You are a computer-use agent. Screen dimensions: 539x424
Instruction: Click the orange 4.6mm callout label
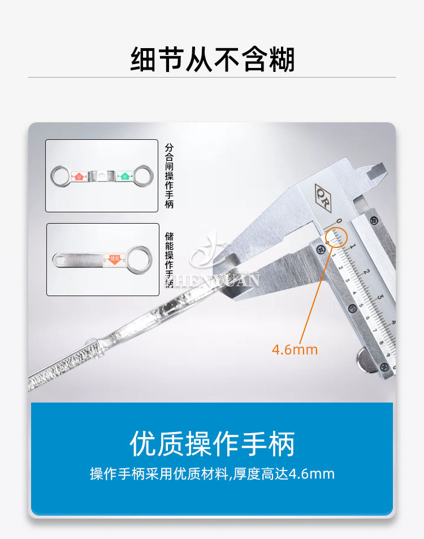click(x=295, y=349)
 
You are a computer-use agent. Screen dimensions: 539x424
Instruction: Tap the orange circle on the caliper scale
click(x=336, y=237)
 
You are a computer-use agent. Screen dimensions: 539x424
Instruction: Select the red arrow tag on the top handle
click(x=79, y=176)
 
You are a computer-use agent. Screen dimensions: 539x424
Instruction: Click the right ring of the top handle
click(x=143, y=176)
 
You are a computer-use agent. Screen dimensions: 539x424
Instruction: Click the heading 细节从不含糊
click(x=212, y=59)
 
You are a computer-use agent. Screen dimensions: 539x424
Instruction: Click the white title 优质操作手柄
click(x=212, y=444)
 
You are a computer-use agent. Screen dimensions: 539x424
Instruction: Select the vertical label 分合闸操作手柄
click(x=168, y=176)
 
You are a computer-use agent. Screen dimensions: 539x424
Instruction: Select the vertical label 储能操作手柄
click(x=168, y=258)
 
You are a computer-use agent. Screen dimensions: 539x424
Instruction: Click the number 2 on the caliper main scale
click(x=366, y=271)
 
